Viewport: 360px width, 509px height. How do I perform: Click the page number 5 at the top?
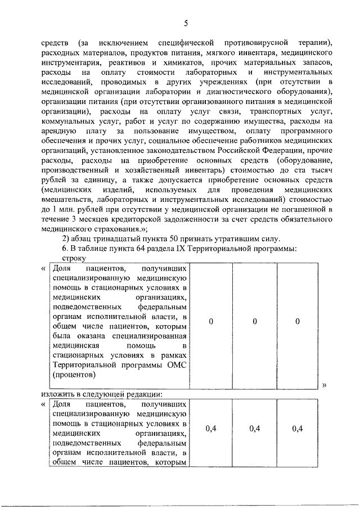(x=185, y=23)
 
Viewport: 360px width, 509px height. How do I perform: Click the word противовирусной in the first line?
(x=256, y=42)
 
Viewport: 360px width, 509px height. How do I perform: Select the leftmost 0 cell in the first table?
(x=210, y=321)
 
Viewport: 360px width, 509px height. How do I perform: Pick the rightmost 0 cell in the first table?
(x=298, y=321)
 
